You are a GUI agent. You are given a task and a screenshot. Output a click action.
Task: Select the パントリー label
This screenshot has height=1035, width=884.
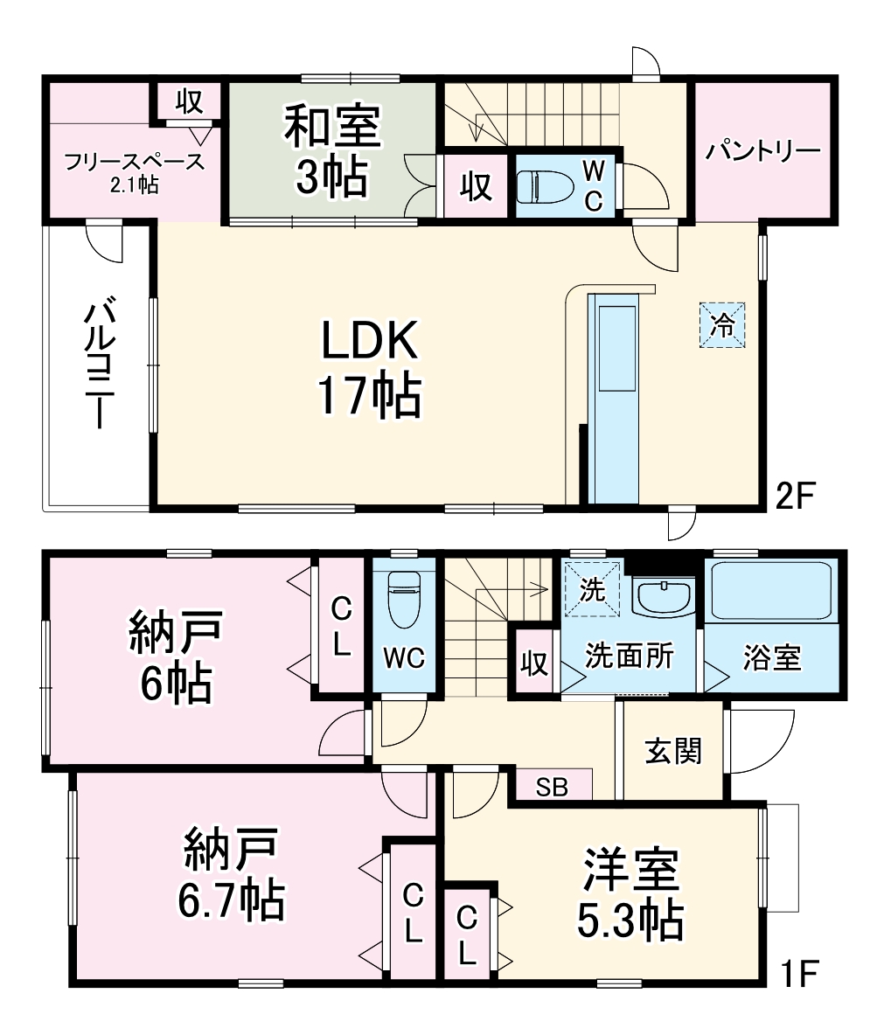(x=763, y=150)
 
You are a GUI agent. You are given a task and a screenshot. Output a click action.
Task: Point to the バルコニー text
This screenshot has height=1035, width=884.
(x=96, y=365)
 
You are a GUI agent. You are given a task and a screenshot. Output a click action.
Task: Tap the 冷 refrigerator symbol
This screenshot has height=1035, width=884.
(x=722, y=325)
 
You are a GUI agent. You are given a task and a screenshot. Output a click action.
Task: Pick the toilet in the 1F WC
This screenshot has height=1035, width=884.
(x=403, y=600)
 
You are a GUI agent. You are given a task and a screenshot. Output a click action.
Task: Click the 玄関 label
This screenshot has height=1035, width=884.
(x=672, y=751)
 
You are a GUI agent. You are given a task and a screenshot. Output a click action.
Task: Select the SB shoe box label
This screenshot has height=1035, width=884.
(x=552, y=788)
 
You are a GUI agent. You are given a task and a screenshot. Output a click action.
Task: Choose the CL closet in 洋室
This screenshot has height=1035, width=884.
(x=468, y=934)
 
